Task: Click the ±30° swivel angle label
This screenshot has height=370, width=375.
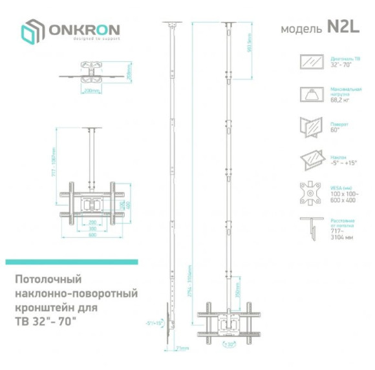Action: tap(228, 345)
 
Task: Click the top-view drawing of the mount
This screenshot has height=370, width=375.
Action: tap(94, 70)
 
